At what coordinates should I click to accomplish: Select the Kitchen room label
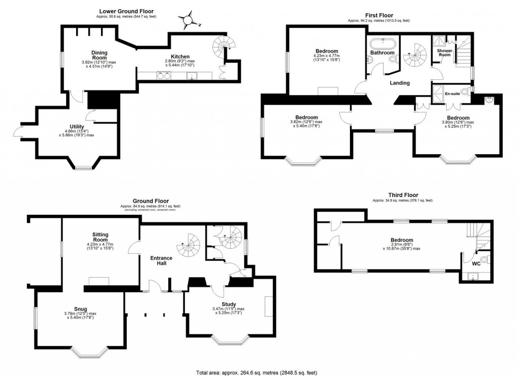click(x=180, y=56)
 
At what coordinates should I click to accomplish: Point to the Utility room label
click(x=77, y=127)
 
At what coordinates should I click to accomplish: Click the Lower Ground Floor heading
click(x=126, y=11)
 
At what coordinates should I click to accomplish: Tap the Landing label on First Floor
click(x=399, y=83)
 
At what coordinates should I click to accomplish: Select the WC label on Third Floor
click(x=475, y=263)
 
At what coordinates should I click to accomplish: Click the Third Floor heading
click(x=402, y=195)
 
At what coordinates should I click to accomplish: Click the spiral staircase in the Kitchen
click(x=221, y=48)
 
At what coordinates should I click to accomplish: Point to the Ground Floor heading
click(x=150, y=201)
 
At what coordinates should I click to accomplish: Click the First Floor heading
click(x=379, y=16)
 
